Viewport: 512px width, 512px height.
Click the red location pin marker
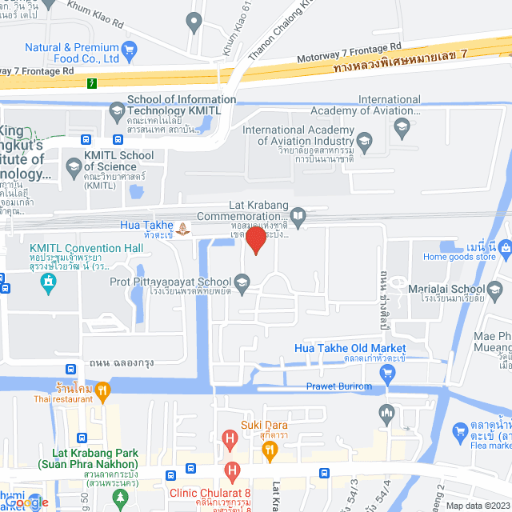(255, 239)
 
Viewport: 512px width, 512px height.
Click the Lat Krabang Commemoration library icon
(298, 214)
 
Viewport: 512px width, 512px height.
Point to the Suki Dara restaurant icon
(270, 450)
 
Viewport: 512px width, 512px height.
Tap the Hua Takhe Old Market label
(349, 349)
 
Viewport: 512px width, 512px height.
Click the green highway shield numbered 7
(94, 82)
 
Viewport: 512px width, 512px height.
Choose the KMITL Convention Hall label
(86, 248)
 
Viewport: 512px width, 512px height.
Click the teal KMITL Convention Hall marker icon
(50, 284)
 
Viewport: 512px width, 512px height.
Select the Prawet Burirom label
(339, 386)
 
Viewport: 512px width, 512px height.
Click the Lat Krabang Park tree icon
(120, 498)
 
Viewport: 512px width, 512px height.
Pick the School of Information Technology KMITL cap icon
(117, 110)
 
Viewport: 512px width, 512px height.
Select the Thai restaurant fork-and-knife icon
(102, 391)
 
